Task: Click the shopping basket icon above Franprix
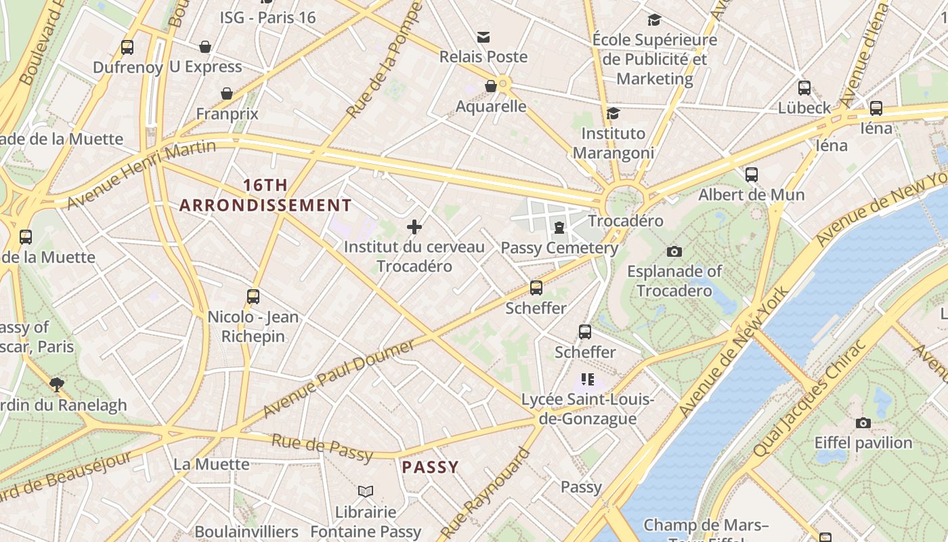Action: (227, 93)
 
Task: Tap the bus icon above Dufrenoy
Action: (127, 47)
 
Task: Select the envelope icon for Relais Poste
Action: (483, 37)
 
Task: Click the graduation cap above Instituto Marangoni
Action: (613, 113)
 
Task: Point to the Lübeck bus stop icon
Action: (804, 88)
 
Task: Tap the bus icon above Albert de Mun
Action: (752, 175)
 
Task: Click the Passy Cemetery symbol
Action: (559, 228)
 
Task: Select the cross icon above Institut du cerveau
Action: (414, 227)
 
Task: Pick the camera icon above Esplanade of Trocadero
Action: (674, 251)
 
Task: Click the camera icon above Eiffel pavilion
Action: (863, 423)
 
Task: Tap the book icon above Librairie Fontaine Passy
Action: (366, 491)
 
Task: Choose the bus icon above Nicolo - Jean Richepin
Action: (253, 296)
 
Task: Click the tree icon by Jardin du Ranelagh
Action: (57, 385)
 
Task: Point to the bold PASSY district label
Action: (430, 467)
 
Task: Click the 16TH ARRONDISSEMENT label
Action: (265, 195)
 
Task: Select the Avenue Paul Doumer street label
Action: (339, 379)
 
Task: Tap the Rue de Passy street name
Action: (322, 448)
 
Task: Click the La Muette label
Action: (212, 464)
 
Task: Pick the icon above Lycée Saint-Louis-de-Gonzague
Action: (588, 379)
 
